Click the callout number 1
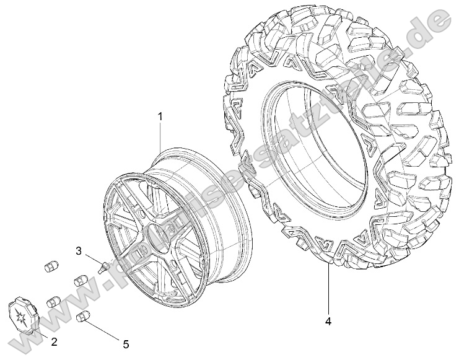(x=159, y=116)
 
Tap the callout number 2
(x=54, y=341)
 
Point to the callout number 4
(x=328, y=321)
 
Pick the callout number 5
(x=126, y=344)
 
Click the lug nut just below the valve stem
(x=81, y=280)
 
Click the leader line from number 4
(x=328, y=291)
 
